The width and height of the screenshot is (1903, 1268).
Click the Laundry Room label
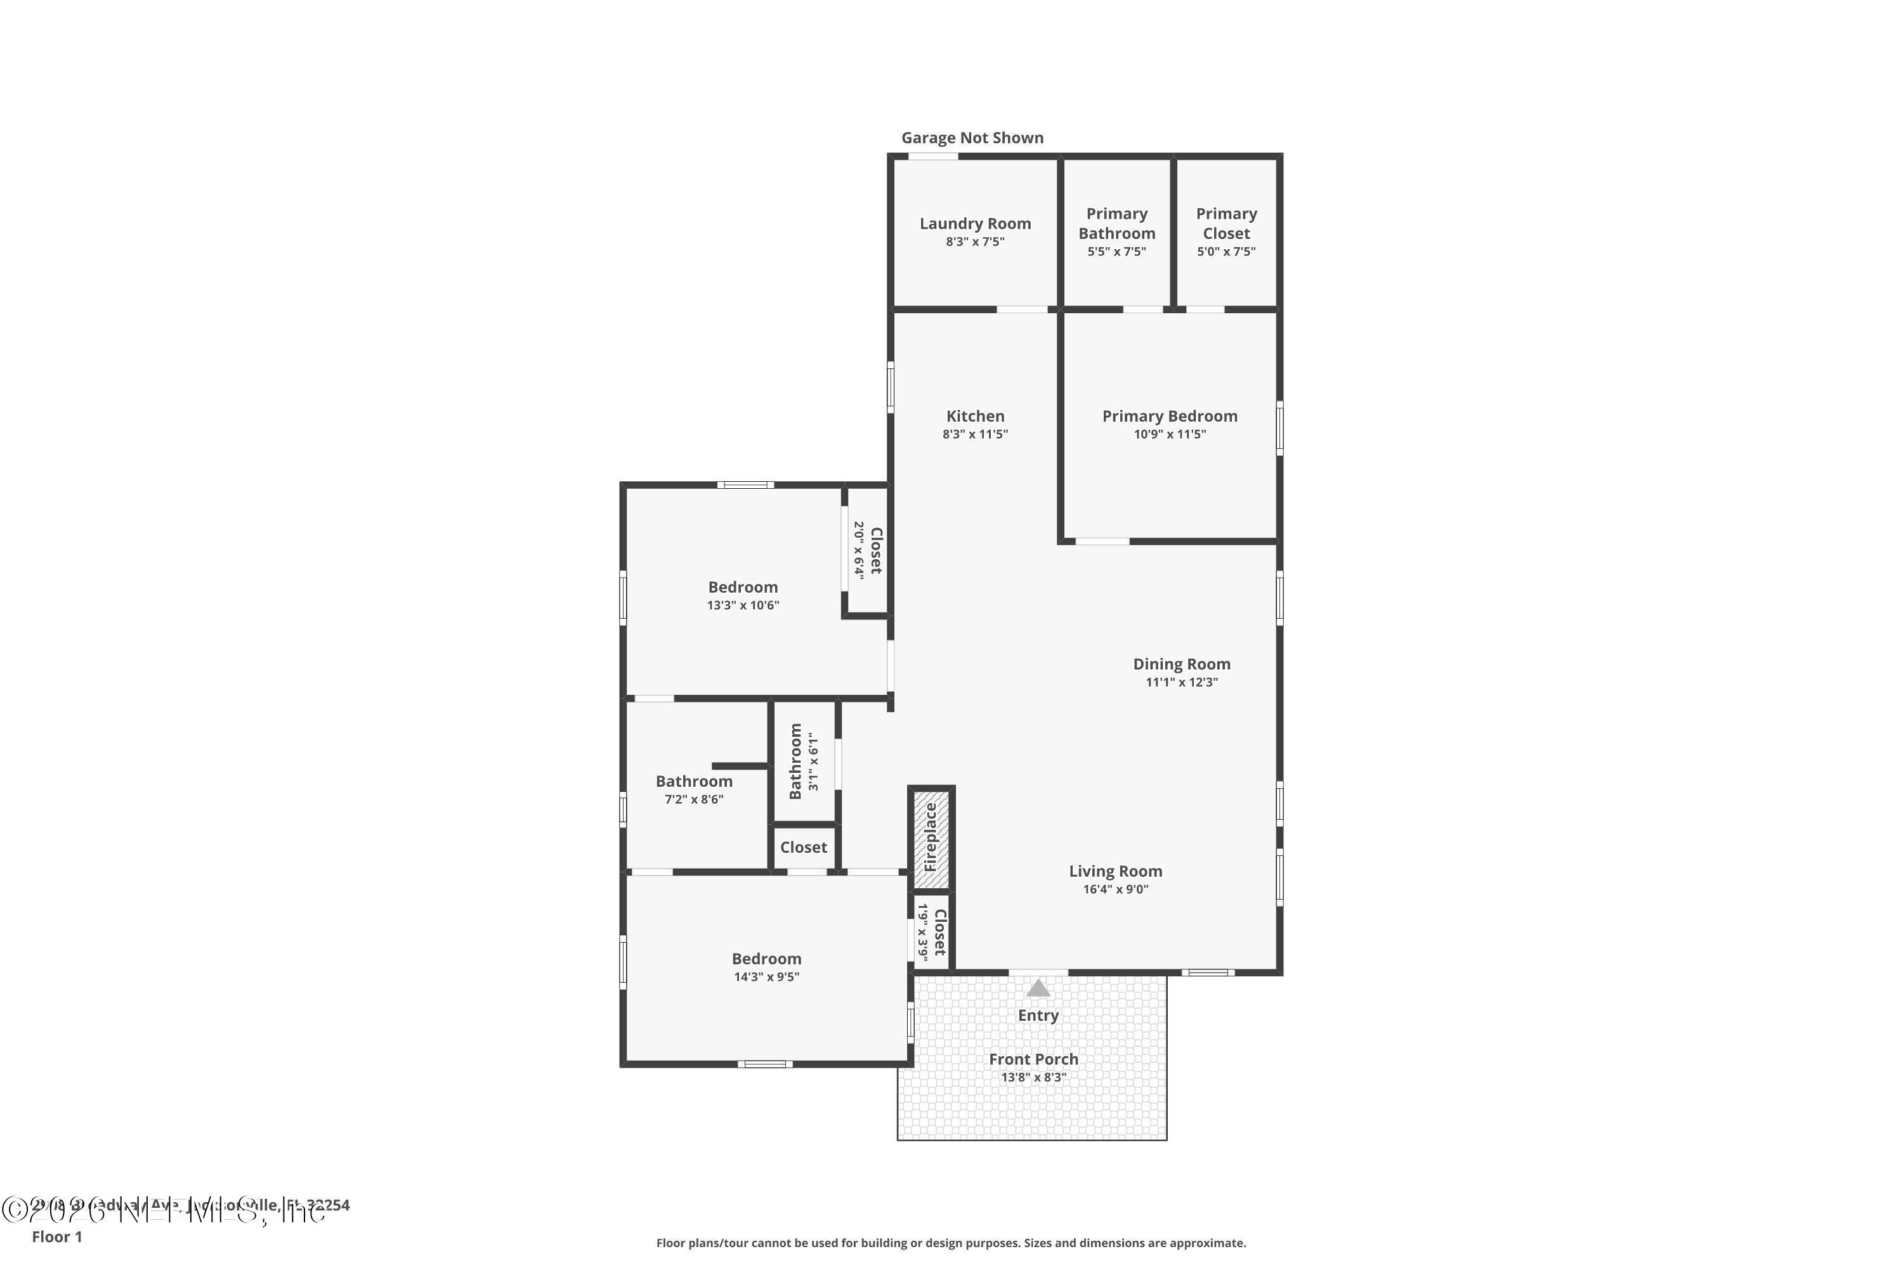pyautogui.click(x=975, y=223)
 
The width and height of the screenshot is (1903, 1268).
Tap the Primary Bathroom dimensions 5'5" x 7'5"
pyautogui.click(x=1116, y=252)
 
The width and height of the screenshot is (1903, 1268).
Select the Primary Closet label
pyautogui.click(x=1226, y=223)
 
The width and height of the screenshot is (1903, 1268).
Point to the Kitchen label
pyautogui.click(x=975, y=416)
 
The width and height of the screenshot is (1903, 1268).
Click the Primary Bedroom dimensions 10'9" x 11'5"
pyautogui.click(x=1169, y=434)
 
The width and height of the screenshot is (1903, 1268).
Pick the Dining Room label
pyautogui.click(x=1181, y=664)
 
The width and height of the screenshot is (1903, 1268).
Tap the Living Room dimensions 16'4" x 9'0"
pyautogui.click(x=1115, y=890)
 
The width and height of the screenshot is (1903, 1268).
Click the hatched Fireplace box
pyautogui.click(x=931, y=838)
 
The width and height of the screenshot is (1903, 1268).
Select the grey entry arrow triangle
pyautogui.click(x=1038, y=988)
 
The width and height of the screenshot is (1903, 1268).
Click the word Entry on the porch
pyautogui.click(x=1038, y=1015)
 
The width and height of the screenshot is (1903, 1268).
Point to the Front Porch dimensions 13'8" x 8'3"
pyautogui.click(x=1033, y=1077)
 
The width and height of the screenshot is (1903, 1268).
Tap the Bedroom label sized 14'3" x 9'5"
pyautogui.click(x=766, y=958)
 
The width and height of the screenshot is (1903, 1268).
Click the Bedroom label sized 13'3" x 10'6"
pyautogui.click(x=743, y=587)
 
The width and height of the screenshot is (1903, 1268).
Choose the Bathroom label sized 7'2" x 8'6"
pyautogui.click(x=693, y=781)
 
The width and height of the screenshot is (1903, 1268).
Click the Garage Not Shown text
pyautogui.click(x=972, y=138)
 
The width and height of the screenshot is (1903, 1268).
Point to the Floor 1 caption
pyautogui.click(x=56, y=1236)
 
